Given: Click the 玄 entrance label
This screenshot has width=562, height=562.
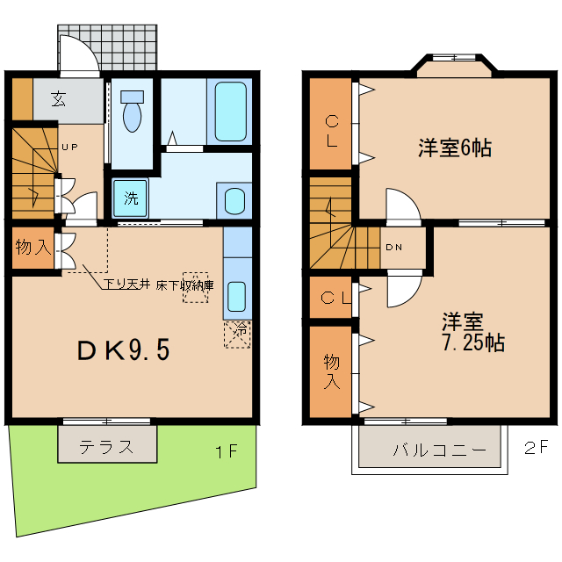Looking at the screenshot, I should point(58,98).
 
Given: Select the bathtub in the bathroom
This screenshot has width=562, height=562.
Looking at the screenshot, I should point(229,111).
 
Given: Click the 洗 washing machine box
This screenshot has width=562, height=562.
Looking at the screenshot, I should point(130,198).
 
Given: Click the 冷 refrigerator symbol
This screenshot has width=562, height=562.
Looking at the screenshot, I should point(238,333).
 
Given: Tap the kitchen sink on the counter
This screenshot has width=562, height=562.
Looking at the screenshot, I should point(237,293).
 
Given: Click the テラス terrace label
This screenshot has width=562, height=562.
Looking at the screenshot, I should point(106,446).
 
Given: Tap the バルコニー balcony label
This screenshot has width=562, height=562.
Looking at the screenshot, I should point(439,450).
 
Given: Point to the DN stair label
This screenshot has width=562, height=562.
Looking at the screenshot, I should point(394,247).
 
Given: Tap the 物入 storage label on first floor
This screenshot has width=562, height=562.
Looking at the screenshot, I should point(32,248).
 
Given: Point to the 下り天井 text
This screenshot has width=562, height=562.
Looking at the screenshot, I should point(125,284).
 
